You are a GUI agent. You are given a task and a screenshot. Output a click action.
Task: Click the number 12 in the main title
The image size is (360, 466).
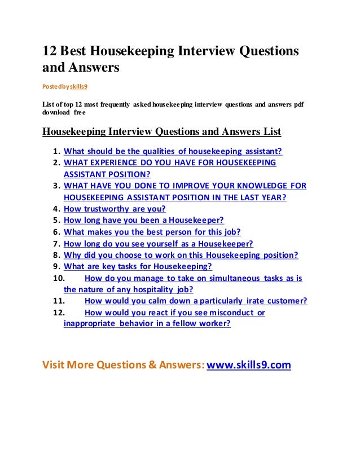click(x=50, y=51)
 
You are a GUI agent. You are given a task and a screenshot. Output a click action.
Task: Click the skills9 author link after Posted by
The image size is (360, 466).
click(x=77, y=87)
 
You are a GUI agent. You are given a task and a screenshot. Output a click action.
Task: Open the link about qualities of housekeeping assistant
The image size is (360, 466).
click(x=173, y=151)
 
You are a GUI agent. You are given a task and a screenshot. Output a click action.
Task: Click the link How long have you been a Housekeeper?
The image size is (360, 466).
click(x=144, y=221)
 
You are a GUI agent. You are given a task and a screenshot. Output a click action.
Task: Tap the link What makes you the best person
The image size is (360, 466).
click(x=152, y=232)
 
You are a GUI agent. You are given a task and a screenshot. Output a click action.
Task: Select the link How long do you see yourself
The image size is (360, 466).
click(x=158, y=244)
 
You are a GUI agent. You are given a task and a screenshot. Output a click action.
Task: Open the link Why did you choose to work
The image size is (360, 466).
click(x=181, y=255)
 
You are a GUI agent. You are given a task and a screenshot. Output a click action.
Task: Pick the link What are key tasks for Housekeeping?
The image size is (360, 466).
click(x=138, y=266)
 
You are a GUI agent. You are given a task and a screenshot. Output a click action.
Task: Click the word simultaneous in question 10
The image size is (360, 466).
click(x=221, y=278)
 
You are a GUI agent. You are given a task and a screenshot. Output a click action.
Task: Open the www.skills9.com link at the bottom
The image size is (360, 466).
click(x=249, y=365)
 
